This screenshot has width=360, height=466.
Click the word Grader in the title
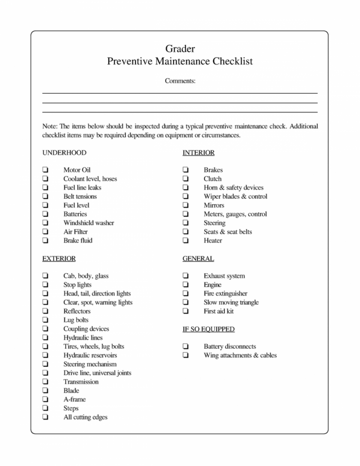pyautogui.click(x=180, y=48)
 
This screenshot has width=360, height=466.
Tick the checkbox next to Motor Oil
pyautogui.click(x=45, y=170)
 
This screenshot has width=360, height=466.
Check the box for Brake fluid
pyautogui.click(x=45, y=241)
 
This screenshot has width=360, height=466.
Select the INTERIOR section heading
pyautogui.click(x=198, y=152)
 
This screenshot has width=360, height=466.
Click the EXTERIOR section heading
pyautogui.click(x=59, y=258)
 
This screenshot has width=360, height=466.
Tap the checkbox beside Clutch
pyautogui.click(x=186, y=179)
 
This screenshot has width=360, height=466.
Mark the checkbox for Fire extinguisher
pyautogui.click(x=186, y=293)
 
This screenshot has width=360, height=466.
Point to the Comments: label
pyautogui.click(x=180, y=81)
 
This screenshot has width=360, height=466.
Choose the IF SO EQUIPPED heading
pyautogui.click(x=209, y=329)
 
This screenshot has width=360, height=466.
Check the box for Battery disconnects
pyautogui.click(x=186, y=346)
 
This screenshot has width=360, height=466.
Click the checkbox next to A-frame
pyautogui.click(x=45, y=399)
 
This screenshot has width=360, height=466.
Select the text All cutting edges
pyautogui.click(x=85, y=417)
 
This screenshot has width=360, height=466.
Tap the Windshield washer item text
pyautogui.click(x=89, y=223)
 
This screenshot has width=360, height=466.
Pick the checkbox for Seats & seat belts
pyautogui.click(x=186, y=232)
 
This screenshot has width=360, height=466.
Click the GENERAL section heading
pyautogui.click(x=198, y=258)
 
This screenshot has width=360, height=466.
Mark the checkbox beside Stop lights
pyautogui.click(x=45, y=285)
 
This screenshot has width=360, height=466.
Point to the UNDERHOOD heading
pyautogui.click(x=64, y=152)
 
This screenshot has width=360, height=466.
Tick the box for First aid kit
pyautogui.click(x=186, y=311)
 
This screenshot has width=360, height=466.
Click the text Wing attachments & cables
pyautogui.click(x=240, y=355)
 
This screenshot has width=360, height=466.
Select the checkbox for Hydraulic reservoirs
pyautogui.click(x=45, y=355)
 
